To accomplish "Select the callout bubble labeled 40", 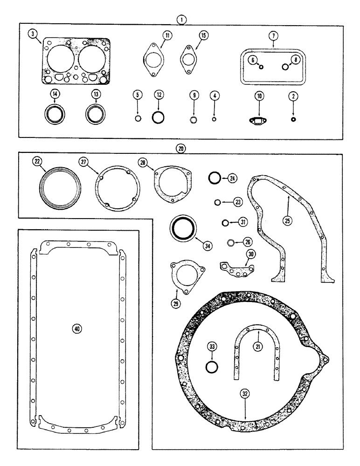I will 77,329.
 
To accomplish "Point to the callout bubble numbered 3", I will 32,34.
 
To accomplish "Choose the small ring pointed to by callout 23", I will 217,202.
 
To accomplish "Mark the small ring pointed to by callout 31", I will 225,222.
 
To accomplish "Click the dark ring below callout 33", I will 212,367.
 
